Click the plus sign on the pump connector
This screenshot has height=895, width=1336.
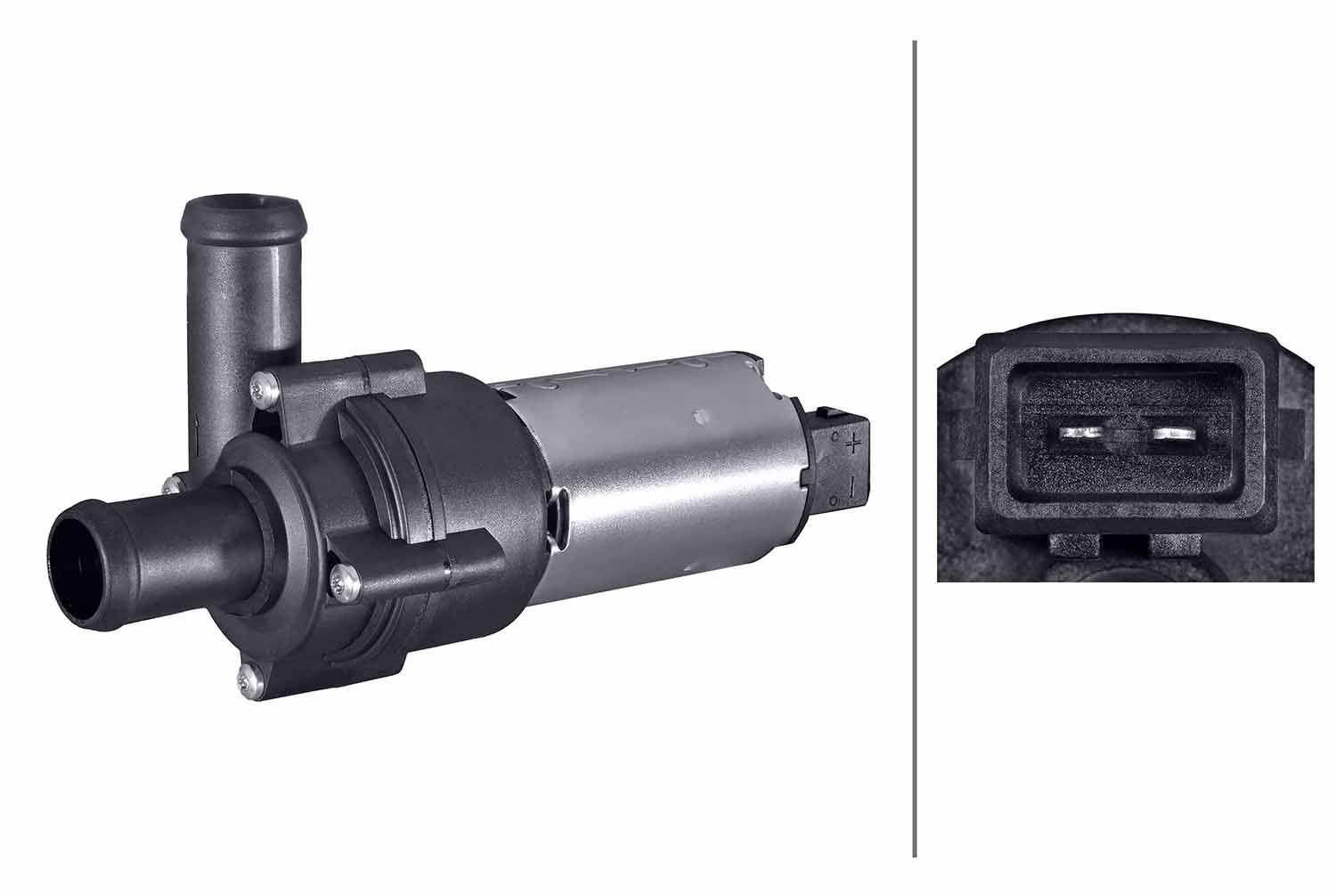click(x=853, y=443)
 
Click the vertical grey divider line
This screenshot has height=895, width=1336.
click(x=915, y=445)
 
